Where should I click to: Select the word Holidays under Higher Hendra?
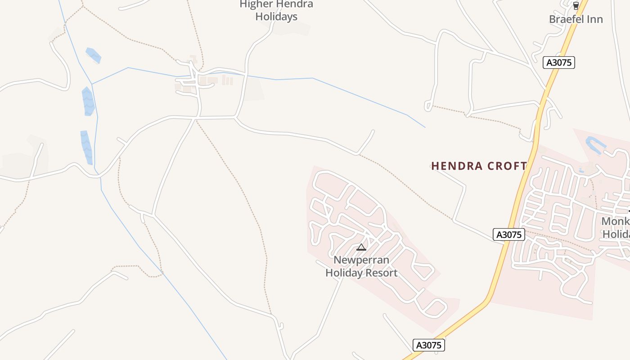tap(276, 17)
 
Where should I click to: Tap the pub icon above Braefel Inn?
tap(576, 6)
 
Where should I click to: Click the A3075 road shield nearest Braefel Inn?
tap(559, 63)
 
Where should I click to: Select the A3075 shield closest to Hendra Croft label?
tap(509, 234)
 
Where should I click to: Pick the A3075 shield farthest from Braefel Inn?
tap(429, 345)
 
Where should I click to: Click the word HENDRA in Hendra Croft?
tap(456, 166)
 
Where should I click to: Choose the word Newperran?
tap(361, 260)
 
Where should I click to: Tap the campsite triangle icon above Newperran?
tap(361, 247)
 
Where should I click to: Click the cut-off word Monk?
tap(615, 221)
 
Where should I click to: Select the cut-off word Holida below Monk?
tap(616, 234)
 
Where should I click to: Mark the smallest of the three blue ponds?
tap(94, 55)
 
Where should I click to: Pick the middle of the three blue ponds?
tap(88, 101)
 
